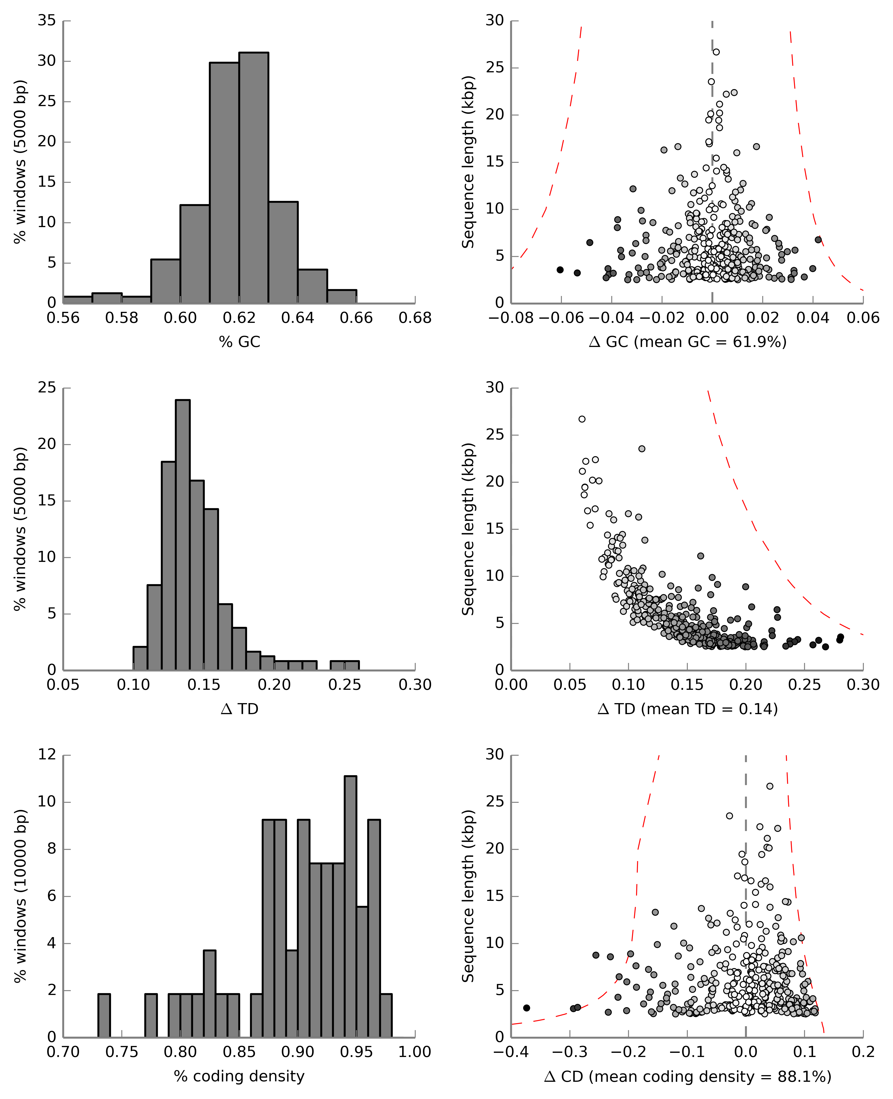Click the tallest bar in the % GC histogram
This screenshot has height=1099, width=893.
pos(254,177)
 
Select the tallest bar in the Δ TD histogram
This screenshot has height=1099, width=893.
pos(183,535)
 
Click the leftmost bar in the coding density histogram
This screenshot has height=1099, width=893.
pos(104,1015)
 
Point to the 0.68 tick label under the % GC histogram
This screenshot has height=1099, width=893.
pos(415,318)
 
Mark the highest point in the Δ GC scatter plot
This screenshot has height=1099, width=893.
pos(716,52)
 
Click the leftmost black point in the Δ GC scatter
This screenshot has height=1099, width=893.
pos(560,270)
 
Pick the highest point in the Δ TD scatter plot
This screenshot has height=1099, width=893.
pos(582,419)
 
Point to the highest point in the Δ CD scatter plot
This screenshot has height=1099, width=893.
pos(770,786)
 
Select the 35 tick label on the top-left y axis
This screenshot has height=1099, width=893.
pos(47,21)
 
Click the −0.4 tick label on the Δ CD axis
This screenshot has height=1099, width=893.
pos(511,1052)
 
